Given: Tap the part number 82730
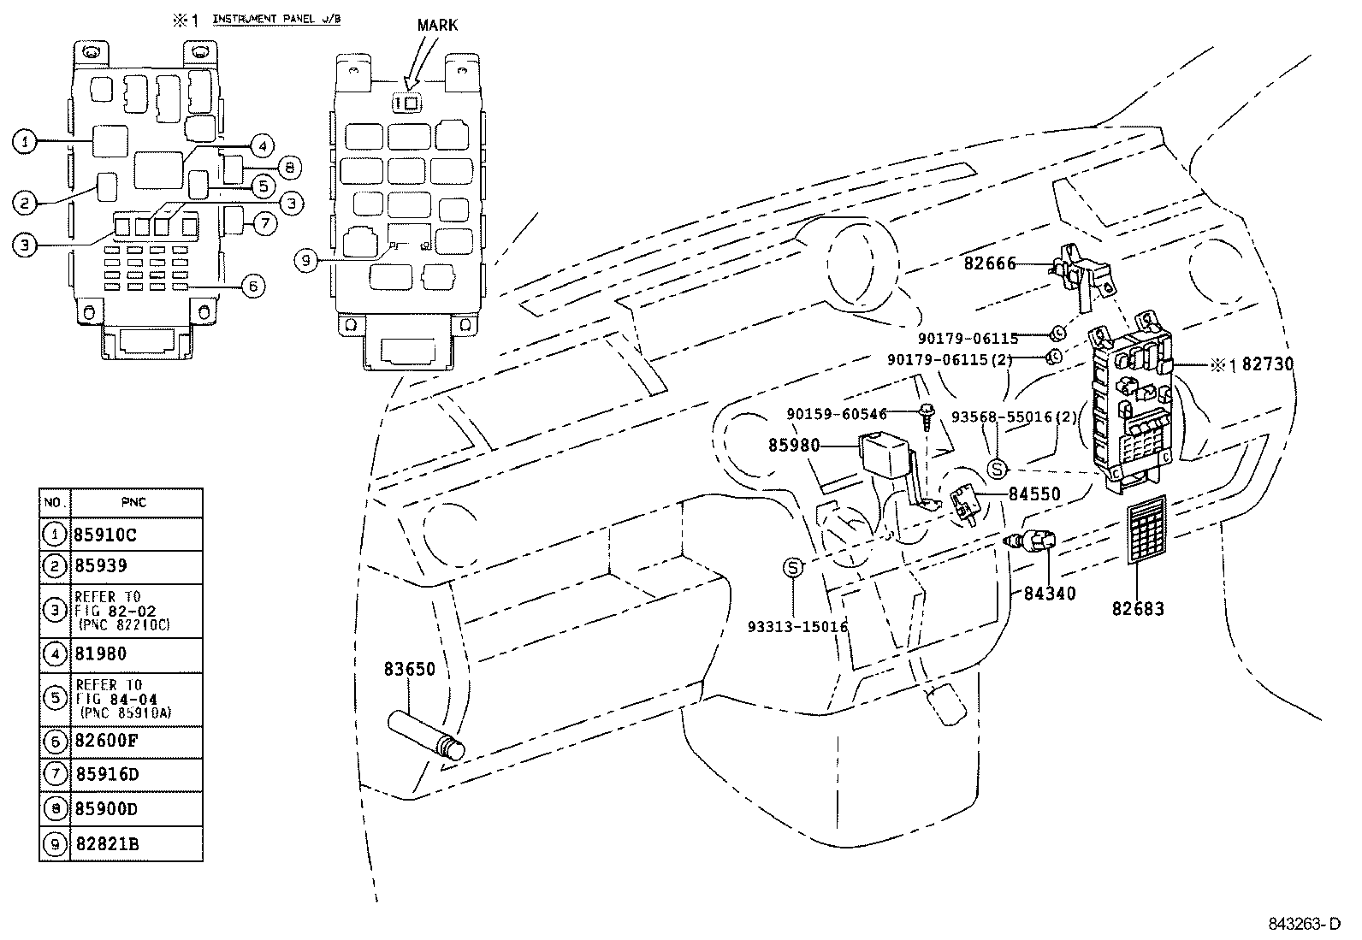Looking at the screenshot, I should click(x=1268, y=364).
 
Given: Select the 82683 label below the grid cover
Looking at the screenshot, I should click(x=1138, y=609).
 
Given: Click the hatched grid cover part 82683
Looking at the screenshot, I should click(x=1146, y=529).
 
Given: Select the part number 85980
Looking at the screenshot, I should click(x=794, y=446).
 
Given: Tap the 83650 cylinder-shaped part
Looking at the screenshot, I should click(x=425, y=735).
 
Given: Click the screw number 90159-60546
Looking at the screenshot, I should click(x=837, y=414).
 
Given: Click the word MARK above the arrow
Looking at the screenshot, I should click(x=436, y=25).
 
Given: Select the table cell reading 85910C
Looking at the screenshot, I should click(x=106, y=535).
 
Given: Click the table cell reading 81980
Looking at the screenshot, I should click(x=101, y=654).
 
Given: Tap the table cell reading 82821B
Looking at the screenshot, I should click(x=107, y=845).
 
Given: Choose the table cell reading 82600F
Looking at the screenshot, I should click(x=106, y=742).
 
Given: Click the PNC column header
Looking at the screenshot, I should click(x=135, y=502).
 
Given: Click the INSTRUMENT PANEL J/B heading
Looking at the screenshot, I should click(x=275, y=19).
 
